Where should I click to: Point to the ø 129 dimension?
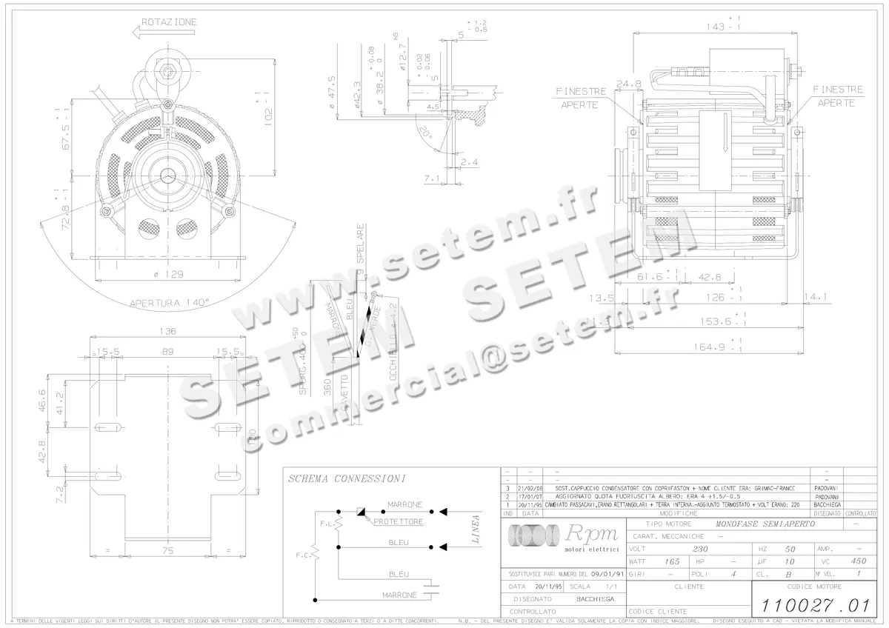(x=169, y=274)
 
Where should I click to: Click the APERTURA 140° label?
(x=170, y=302)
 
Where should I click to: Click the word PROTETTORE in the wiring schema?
(x=398, y=521)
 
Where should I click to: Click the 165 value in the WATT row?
(x=672, y=562)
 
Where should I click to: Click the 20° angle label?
(x=424, y=133)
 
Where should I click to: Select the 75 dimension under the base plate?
(x=170, y=551)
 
